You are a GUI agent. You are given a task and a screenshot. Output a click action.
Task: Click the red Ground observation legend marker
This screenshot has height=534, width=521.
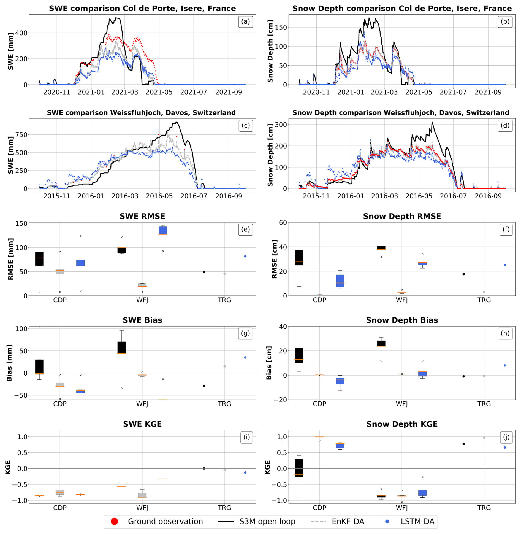114,521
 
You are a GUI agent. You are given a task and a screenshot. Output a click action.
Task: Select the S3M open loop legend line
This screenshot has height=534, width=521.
226,521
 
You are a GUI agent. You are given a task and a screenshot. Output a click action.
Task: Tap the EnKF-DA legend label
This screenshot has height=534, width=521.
348,521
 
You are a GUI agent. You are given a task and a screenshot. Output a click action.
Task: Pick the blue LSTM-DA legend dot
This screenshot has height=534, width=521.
387,521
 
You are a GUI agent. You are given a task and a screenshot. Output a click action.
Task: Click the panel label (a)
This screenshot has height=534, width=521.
245,21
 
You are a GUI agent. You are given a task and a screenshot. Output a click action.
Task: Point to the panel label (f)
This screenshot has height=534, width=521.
506,229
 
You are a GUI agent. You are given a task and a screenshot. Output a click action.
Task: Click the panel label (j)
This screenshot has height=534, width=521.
506,437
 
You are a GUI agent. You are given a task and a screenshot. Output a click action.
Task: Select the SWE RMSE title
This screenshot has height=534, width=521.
142,216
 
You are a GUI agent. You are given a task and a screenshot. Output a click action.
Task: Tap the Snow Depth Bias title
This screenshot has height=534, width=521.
402,320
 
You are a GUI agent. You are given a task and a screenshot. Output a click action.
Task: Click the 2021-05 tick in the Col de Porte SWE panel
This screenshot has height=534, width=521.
159,92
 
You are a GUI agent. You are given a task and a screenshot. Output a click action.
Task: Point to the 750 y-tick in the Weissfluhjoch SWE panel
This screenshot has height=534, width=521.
21,135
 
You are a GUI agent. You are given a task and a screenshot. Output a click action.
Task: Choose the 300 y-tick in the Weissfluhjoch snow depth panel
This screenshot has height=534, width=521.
281,125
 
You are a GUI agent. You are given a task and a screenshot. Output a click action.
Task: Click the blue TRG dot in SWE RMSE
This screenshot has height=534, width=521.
245,256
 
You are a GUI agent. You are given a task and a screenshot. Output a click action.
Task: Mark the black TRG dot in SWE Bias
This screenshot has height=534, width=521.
204,386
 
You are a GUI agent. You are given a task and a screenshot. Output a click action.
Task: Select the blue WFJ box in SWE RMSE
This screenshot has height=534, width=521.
163,230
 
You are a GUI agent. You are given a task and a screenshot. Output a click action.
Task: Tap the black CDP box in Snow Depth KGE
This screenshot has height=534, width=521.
299,468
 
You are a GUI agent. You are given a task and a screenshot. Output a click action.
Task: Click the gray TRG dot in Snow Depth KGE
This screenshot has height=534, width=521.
484,438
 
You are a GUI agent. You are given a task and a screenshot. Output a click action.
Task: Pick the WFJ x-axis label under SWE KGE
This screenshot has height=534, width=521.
142,508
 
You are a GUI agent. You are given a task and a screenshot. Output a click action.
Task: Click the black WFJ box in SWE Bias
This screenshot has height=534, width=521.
122,347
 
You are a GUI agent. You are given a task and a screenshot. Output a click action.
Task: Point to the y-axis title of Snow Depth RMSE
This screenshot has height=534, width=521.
274,259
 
